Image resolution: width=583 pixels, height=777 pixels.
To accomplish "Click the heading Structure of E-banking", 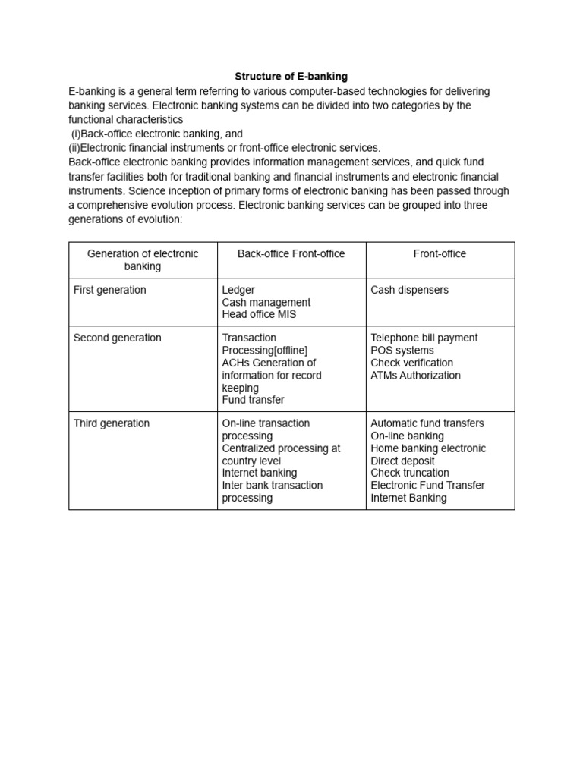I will click(291, 77).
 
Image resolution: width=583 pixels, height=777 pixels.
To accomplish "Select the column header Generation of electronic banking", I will click(143, 260).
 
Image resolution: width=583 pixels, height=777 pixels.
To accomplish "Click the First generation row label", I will click(110, 290).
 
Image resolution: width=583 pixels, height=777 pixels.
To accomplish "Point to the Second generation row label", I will click(117, 338).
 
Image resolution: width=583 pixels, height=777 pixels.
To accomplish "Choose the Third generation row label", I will click(112, 423).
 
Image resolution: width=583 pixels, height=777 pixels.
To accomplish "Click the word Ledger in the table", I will click(238, 290).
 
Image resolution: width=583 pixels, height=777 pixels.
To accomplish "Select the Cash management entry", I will click(266, 302).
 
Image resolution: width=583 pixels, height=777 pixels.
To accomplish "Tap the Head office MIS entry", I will click(259, 314).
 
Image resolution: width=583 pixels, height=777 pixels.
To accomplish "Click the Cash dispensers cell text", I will click(409, 290).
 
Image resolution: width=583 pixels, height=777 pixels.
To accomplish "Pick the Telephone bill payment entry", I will click(424, 338).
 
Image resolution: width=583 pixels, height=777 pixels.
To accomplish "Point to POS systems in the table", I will click(402, 351).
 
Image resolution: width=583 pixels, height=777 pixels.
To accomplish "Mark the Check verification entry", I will click(411, 363).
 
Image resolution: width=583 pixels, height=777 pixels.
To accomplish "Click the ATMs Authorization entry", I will click(415, 375).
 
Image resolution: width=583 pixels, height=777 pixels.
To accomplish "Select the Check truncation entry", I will click(410, 473).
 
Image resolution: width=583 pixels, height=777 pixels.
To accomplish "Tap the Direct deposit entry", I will click(402, 461).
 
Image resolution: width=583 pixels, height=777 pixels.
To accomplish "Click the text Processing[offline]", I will click(265, 351).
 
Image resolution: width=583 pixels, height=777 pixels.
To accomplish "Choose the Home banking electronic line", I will click(428, 448).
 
